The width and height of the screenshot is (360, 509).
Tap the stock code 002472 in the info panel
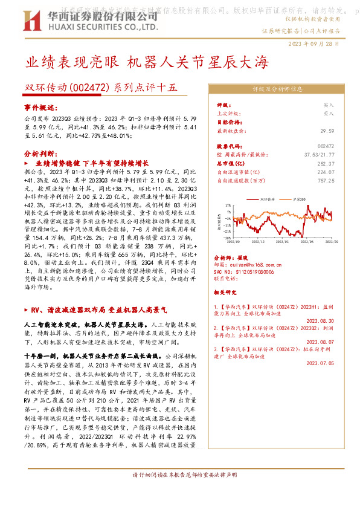(325, 146)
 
